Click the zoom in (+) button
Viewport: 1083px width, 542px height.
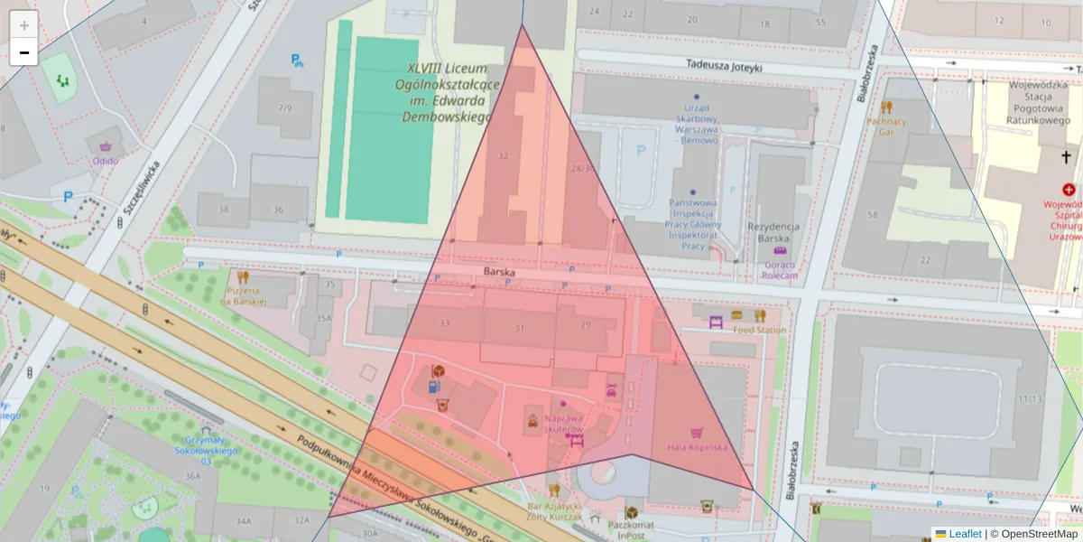tap(24, 25)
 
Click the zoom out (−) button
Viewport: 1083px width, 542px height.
tap(24, 52)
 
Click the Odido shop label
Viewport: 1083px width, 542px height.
tap(105, 161)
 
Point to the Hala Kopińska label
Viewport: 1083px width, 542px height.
tap(697, 447)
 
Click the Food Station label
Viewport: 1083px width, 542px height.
tap(759, 330)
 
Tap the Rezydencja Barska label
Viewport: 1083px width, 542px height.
tap(773, 233)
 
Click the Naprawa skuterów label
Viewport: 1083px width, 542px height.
tap(563, 424)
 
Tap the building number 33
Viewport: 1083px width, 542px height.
tap(444, 322)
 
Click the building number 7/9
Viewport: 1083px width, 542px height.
tap(285, 108)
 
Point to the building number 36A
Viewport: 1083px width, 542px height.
tap(192, 475)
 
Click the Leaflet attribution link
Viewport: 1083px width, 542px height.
tap(965, 534)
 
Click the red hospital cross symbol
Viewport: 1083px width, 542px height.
tap(1069, 190)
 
